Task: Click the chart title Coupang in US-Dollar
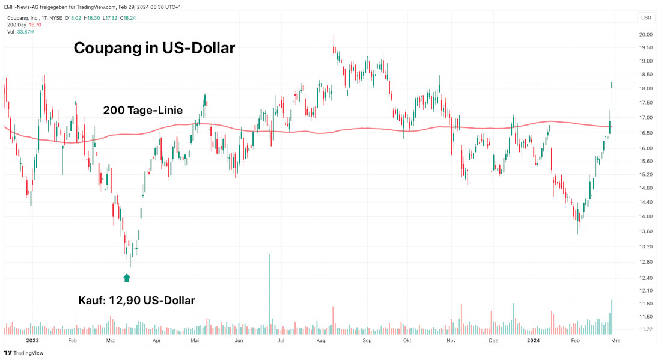click(154, 48)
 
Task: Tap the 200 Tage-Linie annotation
click(142, 111)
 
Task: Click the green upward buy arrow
click(126, 278)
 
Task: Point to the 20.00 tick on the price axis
click(646, 35)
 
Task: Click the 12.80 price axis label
click(646, 262)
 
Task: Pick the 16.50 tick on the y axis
click(646, 133)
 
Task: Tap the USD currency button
click(646, 17)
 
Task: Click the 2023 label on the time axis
click(32, 340)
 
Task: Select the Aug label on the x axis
click(321, 340)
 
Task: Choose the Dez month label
click(493, 340)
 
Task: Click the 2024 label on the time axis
click(532, 340)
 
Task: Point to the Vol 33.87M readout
click(21, 32)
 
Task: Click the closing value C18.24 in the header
click(128, 18)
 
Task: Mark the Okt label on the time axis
click(407, 340)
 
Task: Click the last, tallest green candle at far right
click(612, 90)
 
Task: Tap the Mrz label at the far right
click(615, 340)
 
